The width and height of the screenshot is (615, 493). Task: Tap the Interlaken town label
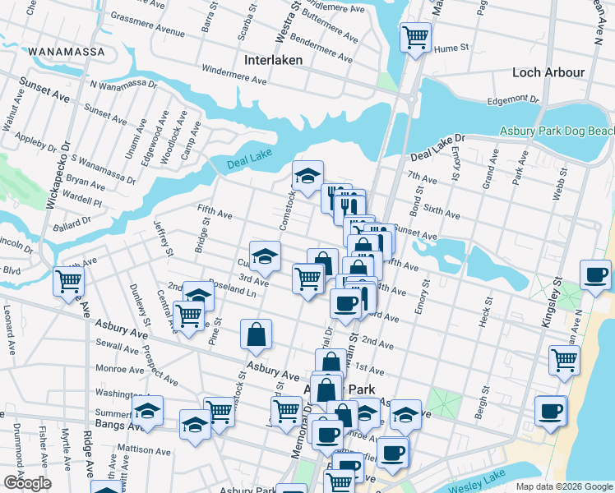tap(274, 60)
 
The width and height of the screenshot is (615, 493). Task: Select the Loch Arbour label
tap(548, 72)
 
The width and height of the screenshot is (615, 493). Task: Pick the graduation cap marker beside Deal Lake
tap(307, 176)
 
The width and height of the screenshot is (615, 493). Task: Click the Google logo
tap(27, 483)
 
